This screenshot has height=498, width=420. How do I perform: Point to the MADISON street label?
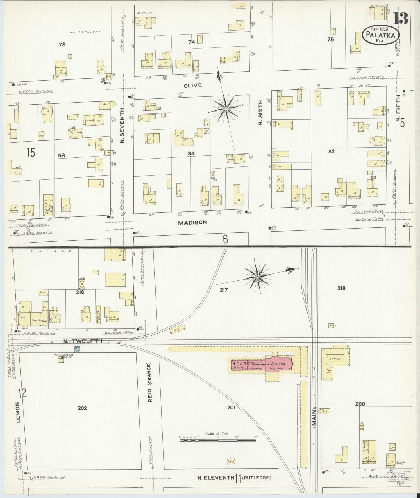(x=192, y=222)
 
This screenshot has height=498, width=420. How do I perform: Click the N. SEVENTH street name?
(x=122, y=126)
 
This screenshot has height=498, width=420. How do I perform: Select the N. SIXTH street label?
(x=260, y=112)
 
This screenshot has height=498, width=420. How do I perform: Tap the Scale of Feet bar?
(x=218, y=440)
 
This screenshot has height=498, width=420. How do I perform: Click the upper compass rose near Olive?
(x=226, y=109)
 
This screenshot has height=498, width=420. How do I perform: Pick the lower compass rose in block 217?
(x=257, y=277)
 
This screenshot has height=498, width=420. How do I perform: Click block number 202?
(x=82, y=408)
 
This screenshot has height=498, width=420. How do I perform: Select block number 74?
(x=191, y=42)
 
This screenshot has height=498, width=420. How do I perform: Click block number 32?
(x=331, y=151)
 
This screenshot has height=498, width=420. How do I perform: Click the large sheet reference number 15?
(x=31, y=152)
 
